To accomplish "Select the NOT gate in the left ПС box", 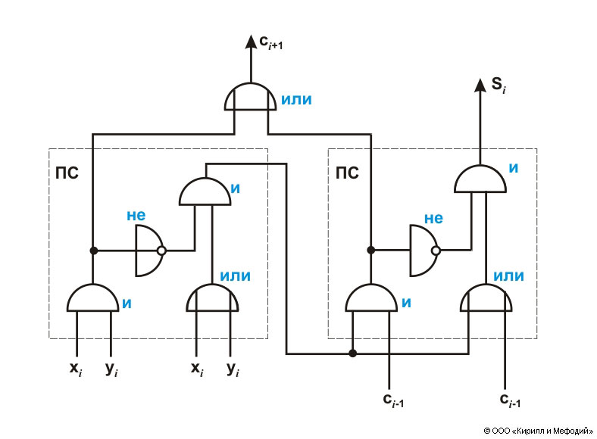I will [x=147, y=251].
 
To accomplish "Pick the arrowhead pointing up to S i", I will [x=480, y=84].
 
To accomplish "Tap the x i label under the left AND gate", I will [x=75, y=369].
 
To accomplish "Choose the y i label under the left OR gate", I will [x=232, y=369].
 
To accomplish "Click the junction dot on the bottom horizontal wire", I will [x=352, y=353].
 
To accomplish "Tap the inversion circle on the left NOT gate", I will [x=161, y=251].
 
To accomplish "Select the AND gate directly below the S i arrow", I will [x=479, y=179].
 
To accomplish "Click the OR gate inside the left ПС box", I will [x=213, y=298].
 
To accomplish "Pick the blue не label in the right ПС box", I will [x=433, y=218].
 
